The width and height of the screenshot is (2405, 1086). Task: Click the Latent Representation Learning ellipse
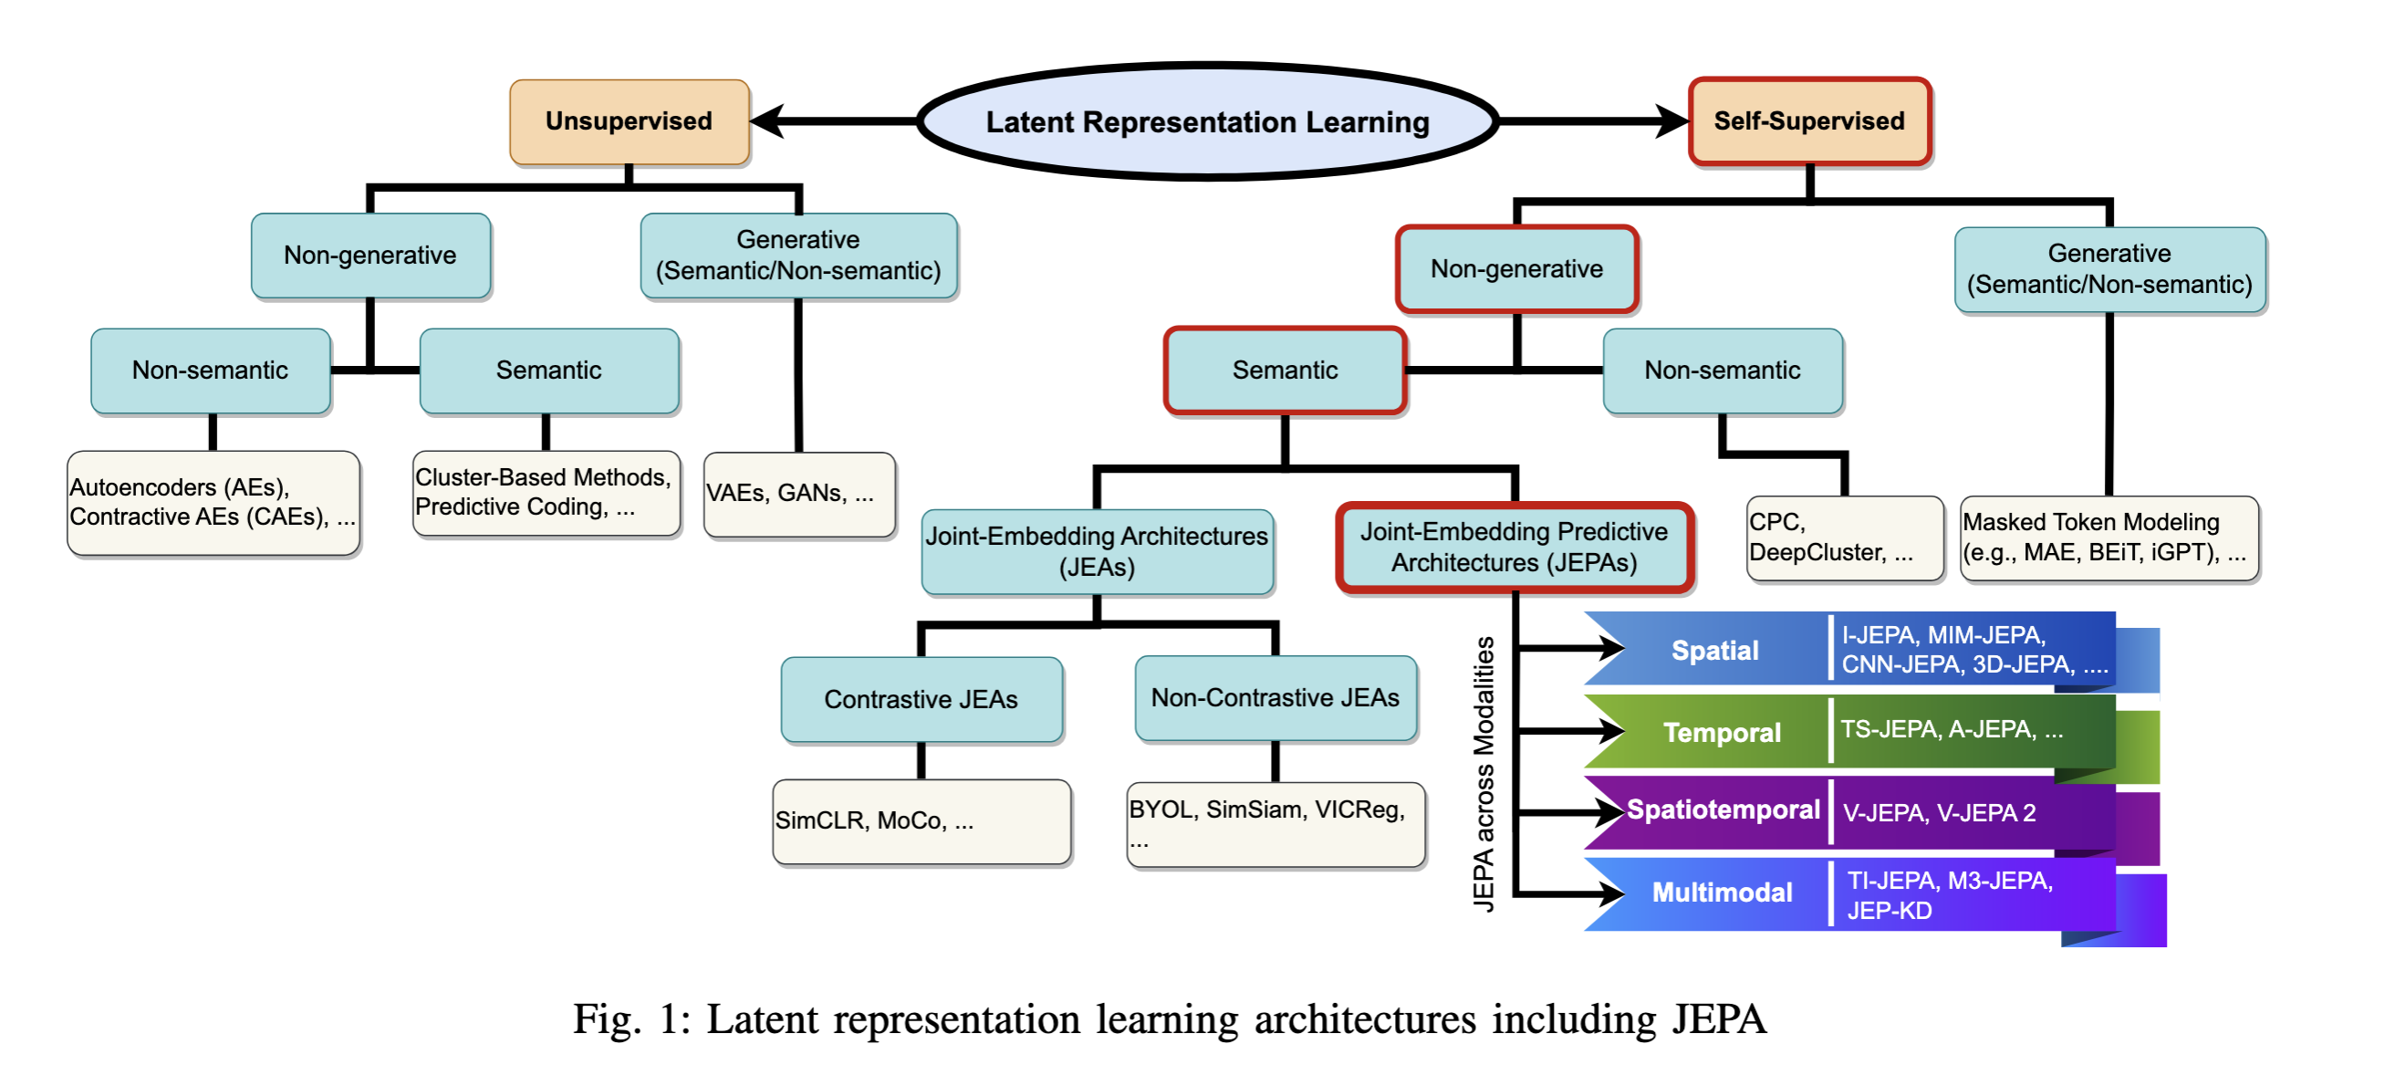coord(1207,121)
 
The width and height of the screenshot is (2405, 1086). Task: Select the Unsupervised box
coord(630,121)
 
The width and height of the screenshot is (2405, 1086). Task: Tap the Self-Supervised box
coord(1809,121)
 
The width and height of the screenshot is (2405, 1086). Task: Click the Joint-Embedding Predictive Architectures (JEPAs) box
coord(1515,548)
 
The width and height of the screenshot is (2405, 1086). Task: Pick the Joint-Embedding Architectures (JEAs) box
coord(1097,551)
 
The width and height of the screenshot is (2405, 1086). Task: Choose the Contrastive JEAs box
coord(921,699)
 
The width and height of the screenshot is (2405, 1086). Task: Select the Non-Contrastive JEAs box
coord(1275,697)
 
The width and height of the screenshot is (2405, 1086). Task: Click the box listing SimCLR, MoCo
coord(921,820)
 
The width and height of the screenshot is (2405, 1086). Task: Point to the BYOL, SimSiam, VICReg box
coord(1275,823)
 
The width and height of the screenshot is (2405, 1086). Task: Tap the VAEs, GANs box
coord(799,493)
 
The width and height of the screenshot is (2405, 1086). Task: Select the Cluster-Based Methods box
coord(547,492)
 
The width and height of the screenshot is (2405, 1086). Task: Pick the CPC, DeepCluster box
coord(1844,537)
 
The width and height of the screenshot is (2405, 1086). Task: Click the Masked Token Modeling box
coord(2108,537)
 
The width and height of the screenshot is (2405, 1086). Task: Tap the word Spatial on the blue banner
coord(1714,651)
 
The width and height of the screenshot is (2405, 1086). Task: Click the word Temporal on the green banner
coord(1722,733)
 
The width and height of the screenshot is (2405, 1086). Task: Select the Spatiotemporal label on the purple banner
coord(1723,809)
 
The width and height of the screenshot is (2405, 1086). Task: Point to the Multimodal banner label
coord(1722,893)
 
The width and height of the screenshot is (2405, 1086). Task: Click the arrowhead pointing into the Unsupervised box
coord(767,121)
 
